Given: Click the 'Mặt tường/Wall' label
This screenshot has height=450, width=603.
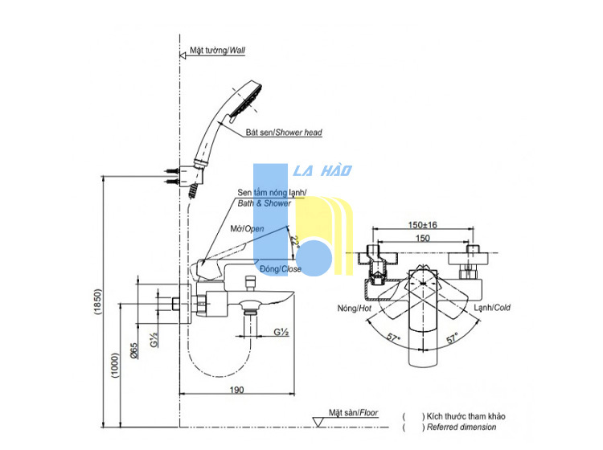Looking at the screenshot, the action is point(217,51).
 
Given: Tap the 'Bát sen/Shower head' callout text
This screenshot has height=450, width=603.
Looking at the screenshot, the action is point(284,133).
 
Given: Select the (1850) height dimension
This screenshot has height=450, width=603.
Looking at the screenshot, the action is point(97,302).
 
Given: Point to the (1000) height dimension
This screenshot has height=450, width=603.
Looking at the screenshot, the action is point(115,365).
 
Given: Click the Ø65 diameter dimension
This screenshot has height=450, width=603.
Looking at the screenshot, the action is point(133,351).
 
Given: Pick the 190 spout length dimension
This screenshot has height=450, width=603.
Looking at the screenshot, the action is point(237,390).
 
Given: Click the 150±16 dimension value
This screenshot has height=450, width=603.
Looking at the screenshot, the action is point(423,225).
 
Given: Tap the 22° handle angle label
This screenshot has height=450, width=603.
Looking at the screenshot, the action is point(295,242).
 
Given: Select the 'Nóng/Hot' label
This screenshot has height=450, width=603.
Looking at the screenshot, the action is point(355,309).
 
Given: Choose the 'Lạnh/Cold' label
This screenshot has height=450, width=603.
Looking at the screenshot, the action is point(492,308).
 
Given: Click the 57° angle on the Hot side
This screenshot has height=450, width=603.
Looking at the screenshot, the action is point(393,337).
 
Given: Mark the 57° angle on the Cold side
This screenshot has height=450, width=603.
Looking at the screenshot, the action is point(452,337).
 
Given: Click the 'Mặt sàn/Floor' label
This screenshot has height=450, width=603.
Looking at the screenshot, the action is point(354,413).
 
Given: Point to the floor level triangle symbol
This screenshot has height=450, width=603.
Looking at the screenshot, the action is point(318,422).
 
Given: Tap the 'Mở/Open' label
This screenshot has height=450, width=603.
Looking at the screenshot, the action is point(248,229).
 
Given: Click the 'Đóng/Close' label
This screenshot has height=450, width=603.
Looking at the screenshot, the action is point(281,268).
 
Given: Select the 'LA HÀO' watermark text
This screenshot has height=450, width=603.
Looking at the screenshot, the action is point(322,170).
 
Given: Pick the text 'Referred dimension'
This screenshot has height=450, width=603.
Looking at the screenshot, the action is point(461,427).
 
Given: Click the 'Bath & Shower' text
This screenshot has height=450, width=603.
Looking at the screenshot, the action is point(265,203).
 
